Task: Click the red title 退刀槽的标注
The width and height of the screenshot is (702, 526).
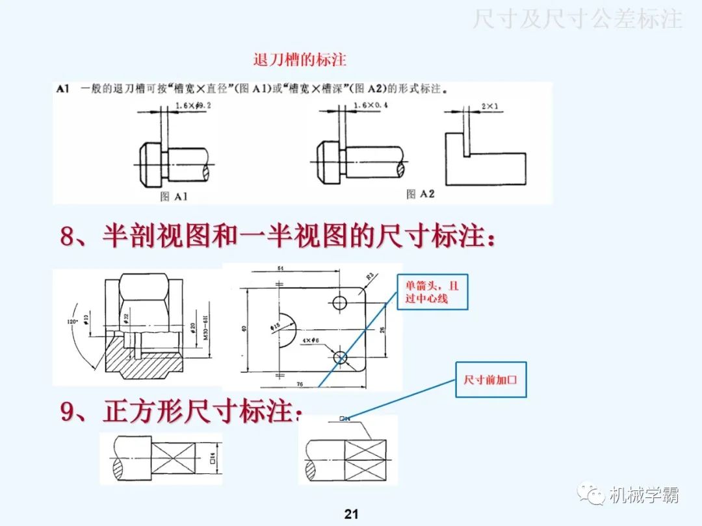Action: click(x=300, y=60)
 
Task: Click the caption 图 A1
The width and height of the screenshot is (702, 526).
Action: click(x=173, y=195)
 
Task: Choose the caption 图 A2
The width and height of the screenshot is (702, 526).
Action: click(x=420, y=194)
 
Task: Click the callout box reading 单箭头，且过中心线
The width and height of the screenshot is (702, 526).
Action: click(x=432, y=292)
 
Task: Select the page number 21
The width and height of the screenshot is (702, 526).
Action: click(x=351, y=514)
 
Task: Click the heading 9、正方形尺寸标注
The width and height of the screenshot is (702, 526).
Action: click(x=181, y=412)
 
